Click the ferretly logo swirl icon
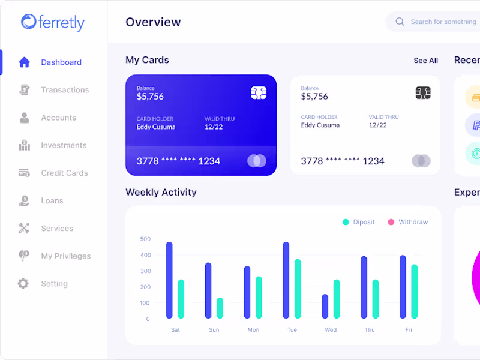(x=29, y=22)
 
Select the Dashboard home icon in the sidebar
(x=24, y=62)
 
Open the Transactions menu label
(x=65, y=90)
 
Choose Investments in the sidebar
(x=64, y=145)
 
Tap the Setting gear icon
(x=23, y=284)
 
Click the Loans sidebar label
(x=52, y=200)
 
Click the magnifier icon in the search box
(x=400, y=22)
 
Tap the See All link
(x=425, y=61)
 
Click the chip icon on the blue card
(x=259, y=93)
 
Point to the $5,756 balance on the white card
(x=314, y=97)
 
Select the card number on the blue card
(x=178, y=161)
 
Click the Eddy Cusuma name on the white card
(x=320, y=125)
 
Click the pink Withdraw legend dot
(x=391, y=222)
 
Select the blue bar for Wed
(x=325, y=306)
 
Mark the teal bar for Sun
(x=220, y=308)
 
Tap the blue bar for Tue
(x=286, y=280)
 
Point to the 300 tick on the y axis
(x=145, y=271)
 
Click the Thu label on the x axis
(x=370, y=330)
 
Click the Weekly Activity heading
(x=161, y=193)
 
